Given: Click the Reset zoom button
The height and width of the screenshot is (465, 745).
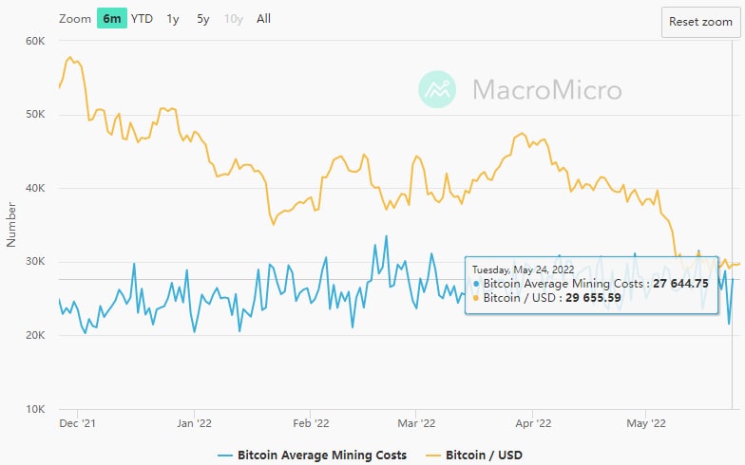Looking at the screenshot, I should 700,22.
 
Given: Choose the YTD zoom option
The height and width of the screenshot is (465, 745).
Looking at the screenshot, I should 142,18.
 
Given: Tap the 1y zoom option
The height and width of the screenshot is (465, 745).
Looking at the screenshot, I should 172,18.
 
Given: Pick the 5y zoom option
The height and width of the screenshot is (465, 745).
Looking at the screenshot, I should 203,18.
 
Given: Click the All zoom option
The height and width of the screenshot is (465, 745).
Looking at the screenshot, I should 263,18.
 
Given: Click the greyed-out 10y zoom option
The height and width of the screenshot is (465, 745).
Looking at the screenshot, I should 234,18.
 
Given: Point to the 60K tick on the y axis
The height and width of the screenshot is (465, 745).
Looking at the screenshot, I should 35,41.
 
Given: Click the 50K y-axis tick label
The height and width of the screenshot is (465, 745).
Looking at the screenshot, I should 35,115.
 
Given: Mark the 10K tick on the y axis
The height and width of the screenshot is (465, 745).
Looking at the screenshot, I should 35,409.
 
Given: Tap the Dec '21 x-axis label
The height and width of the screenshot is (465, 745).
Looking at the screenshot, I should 77,424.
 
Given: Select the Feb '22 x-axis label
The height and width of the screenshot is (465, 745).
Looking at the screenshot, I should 311,424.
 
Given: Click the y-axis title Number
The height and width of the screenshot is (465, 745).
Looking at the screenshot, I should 11,225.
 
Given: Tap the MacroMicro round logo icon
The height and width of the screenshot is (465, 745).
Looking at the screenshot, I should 438,90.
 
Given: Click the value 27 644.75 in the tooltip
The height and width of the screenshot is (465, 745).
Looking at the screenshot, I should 680,284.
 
